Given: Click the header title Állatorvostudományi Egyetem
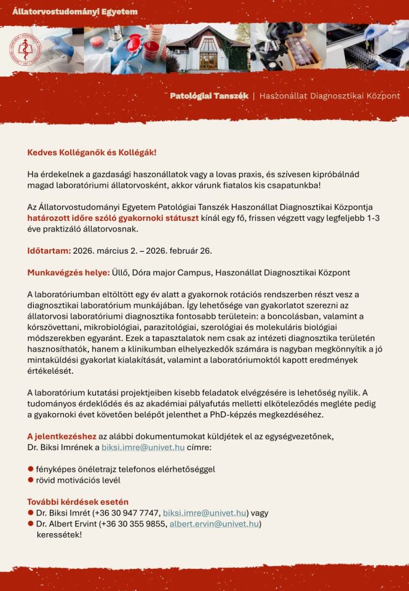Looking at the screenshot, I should (75, 12).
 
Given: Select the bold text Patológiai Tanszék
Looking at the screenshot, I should (209, 96).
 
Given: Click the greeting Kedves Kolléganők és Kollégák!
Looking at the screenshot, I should (92, 152).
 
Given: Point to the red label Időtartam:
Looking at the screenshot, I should (49, 251).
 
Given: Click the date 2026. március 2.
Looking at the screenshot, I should (103, 251).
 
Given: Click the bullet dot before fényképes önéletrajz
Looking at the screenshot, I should (30, 468).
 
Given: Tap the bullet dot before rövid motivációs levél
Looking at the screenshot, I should (30, 480).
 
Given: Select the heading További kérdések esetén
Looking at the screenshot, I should (77, 502).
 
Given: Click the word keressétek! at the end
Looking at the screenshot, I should (60, 534).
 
